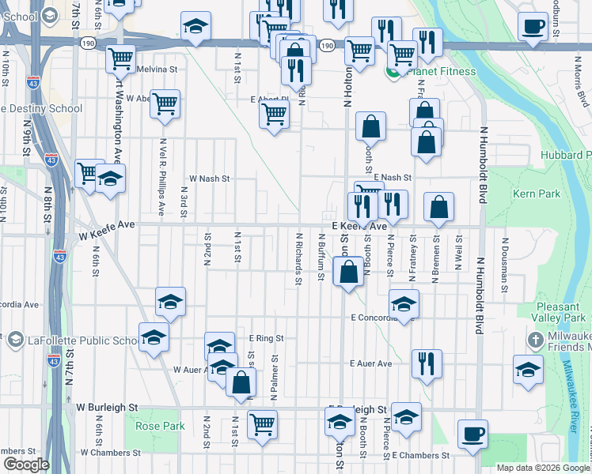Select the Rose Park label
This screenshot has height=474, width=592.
point(160,426)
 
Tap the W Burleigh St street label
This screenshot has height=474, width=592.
point(108,408)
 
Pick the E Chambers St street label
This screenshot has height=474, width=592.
point(420,456)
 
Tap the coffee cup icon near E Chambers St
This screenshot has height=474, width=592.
point(473,434)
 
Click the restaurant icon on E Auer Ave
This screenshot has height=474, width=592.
point(427,364)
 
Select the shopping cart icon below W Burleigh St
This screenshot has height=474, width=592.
point(262,424)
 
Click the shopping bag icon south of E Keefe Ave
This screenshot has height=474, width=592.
point(348,273)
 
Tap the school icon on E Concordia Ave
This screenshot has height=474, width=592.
point(404,304)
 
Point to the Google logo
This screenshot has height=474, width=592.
point(26,465)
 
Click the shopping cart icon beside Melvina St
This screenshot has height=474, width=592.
point(120,58)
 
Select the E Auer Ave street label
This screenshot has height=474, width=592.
point(371,364)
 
